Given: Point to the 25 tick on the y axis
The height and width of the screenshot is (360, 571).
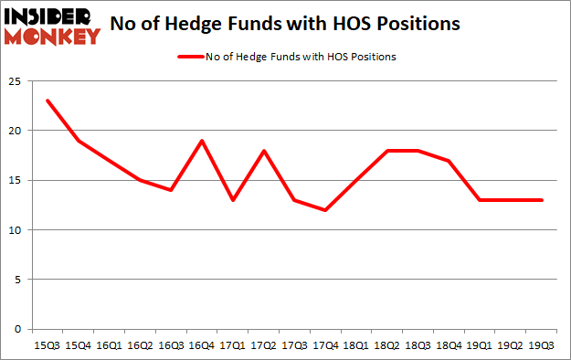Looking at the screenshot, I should [14, 80].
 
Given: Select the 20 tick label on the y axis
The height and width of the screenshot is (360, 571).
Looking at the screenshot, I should [14, 131].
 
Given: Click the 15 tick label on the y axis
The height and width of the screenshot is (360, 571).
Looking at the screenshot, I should [14, 180].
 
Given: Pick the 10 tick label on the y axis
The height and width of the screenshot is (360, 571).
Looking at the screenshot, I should [14, 230].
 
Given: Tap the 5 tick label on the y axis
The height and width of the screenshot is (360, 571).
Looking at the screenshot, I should [16, 280].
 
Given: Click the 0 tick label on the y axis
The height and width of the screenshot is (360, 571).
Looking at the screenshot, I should [16, 330].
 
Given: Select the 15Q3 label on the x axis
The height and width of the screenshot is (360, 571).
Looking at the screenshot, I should [47, 344].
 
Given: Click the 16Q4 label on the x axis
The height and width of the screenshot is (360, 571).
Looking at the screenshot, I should [202, 344].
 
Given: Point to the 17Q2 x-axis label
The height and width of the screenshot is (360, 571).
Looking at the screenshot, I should [264, 344].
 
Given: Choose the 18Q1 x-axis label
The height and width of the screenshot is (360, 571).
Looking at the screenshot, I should [356, 344].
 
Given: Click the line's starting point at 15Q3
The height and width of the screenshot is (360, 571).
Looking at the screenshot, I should [47, 101].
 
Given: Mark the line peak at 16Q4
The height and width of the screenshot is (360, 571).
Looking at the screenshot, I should [202, 141].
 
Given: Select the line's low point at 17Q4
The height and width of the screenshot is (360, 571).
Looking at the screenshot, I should [325, 210].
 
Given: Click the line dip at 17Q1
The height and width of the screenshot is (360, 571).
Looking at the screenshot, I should [233, 200].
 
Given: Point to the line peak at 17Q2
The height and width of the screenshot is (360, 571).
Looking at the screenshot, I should [264, 151].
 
